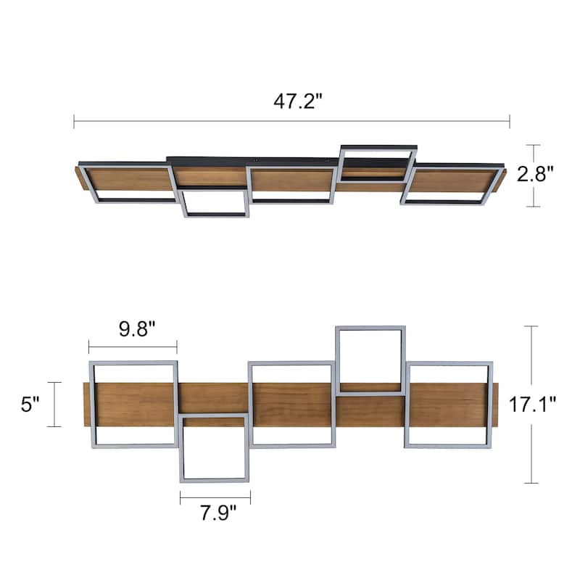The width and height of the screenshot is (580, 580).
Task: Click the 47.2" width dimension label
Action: click(297, 101)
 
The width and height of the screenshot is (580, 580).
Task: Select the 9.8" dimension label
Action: click(133, 331)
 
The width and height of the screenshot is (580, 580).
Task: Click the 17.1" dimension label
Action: click(532, 405)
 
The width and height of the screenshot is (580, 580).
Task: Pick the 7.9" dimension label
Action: click(215, 515)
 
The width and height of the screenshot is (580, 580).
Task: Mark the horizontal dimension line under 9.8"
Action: click(133, 347)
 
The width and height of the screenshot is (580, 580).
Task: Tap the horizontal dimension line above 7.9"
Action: click(215, 497)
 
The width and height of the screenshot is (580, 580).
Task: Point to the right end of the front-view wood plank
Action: click(496, 405)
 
